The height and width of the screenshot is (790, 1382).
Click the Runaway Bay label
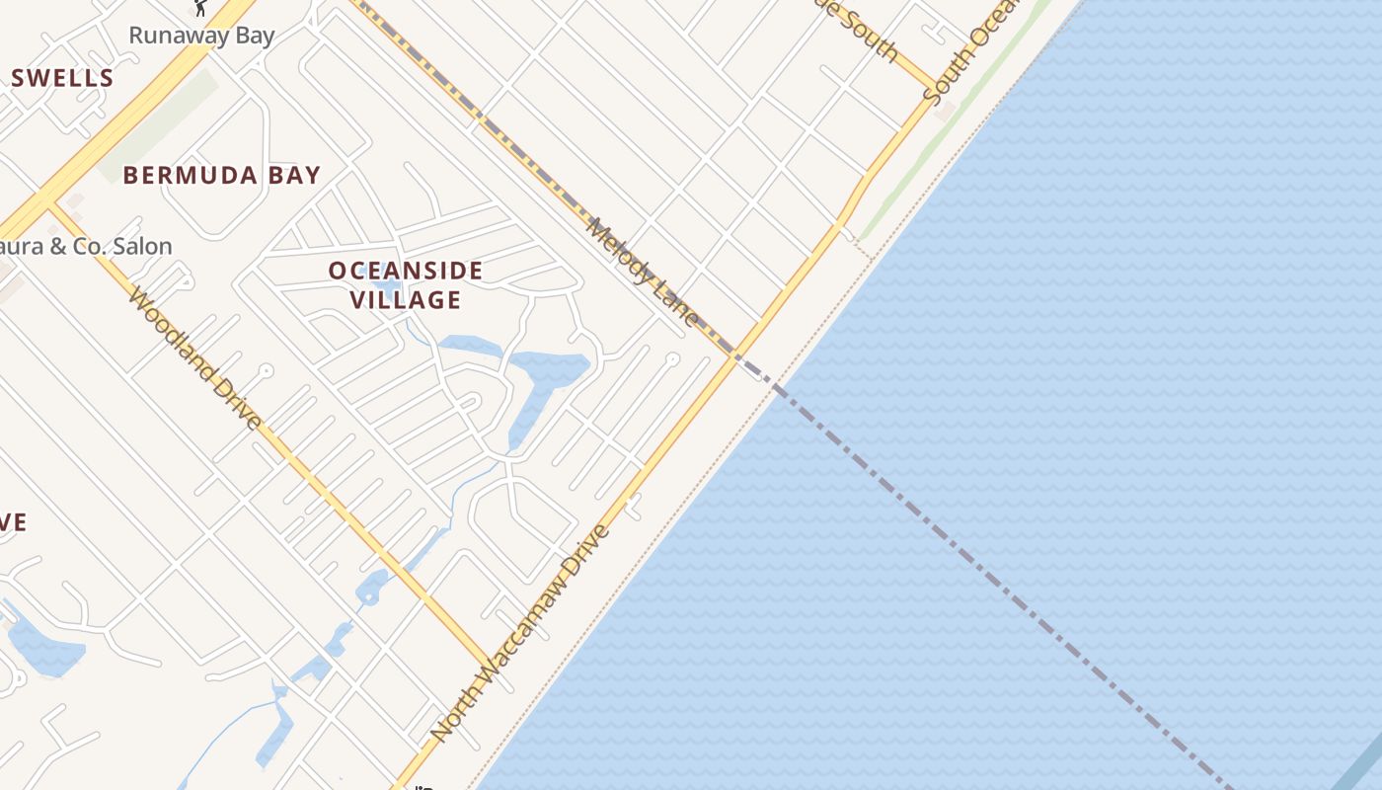coord(201,36)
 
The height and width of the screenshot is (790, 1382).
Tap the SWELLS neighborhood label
coord(63,78)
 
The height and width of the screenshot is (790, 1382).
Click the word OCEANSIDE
coord(406,271)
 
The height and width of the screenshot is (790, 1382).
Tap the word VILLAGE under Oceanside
coord(406,299)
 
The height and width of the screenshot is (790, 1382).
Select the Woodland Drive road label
coord(195,358)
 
